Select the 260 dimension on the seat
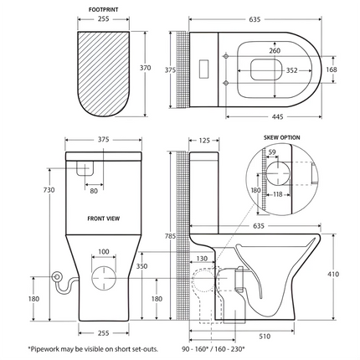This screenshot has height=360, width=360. point(274,51)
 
